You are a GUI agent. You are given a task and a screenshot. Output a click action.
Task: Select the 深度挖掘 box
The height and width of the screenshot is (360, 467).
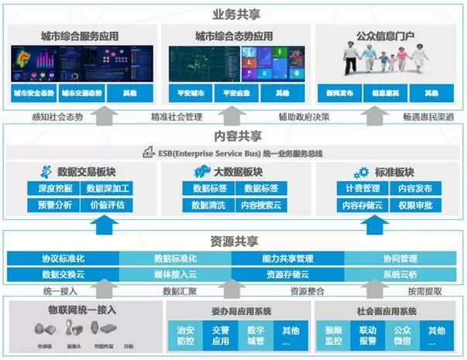[53, 188]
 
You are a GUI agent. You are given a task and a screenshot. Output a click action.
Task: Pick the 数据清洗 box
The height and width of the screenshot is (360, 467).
[204, 205]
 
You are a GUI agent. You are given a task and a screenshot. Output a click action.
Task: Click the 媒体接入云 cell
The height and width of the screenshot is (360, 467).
[176, 274]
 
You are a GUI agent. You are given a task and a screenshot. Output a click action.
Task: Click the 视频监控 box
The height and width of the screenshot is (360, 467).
[332, 334]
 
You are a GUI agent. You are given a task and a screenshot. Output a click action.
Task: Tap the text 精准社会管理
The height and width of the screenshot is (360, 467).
[177, 117]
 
